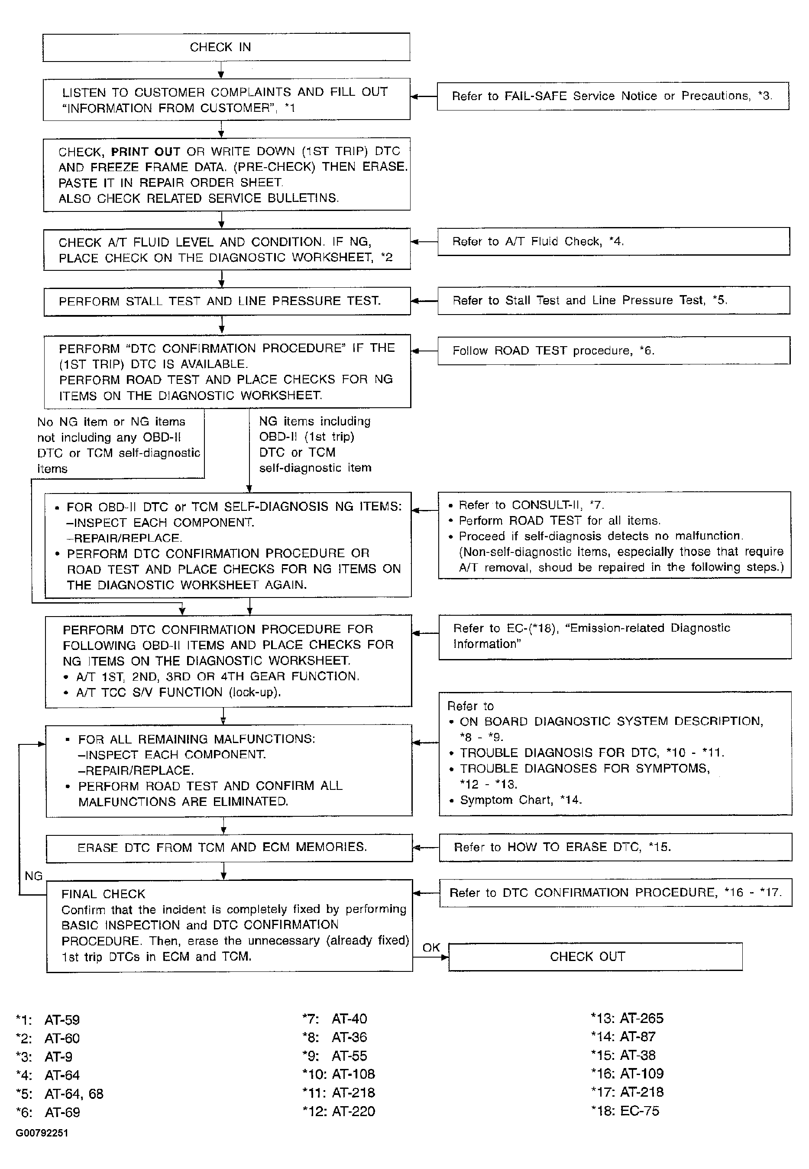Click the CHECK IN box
pyautogui.click(x=226, y=47)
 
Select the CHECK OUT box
pyautogui.click(x=595, y=957)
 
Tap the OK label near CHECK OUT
pyautogui.click(x=431, y=947)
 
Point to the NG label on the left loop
pyautogui.click(x=33, y=876)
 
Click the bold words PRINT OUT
pyautogui.click(x=146, y=152)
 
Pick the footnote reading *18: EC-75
pyautogui.click(x=625, y=1111)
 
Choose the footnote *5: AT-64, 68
pyautogui.click(x=60, y=1094)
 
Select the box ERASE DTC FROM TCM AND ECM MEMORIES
pyautogui.click(x=229, y=848)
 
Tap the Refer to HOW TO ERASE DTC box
pyautogui.click(x=615, y=847)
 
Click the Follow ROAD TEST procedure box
pyautogui.click(x=613, y=351)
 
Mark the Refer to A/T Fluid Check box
pyautogui.click(x=613, y=241)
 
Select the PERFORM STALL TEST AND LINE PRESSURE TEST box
pyautogui.click(x=227, y=301)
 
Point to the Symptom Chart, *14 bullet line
pyautogui.click(x=521, y=800)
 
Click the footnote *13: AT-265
pyautogui.click(x=627, y=1018)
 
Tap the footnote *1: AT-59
pyautogui.click(x=48, y=1020)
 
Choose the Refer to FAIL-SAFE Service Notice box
pyautogui.click(x=612, y=96)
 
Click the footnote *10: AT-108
pyautogui.click(x=339, y=1074)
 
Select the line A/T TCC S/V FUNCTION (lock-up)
pyautogui.click(x=178, y=692)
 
